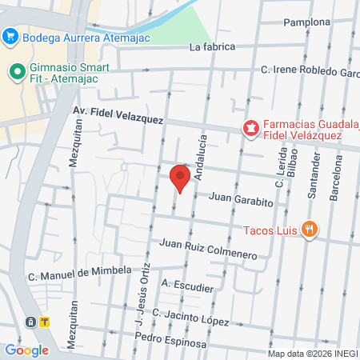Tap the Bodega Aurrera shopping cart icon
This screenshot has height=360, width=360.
[x=10, y=36]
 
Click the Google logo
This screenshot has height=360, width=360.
[x=26, y=350]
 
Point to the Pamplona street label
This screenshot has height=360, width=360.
[x=306, y=22]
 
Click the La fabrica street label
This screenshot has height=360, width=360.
[x=213, y=46]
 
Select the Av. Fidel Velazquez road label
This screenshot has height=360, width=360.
[x=118, y=114]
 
